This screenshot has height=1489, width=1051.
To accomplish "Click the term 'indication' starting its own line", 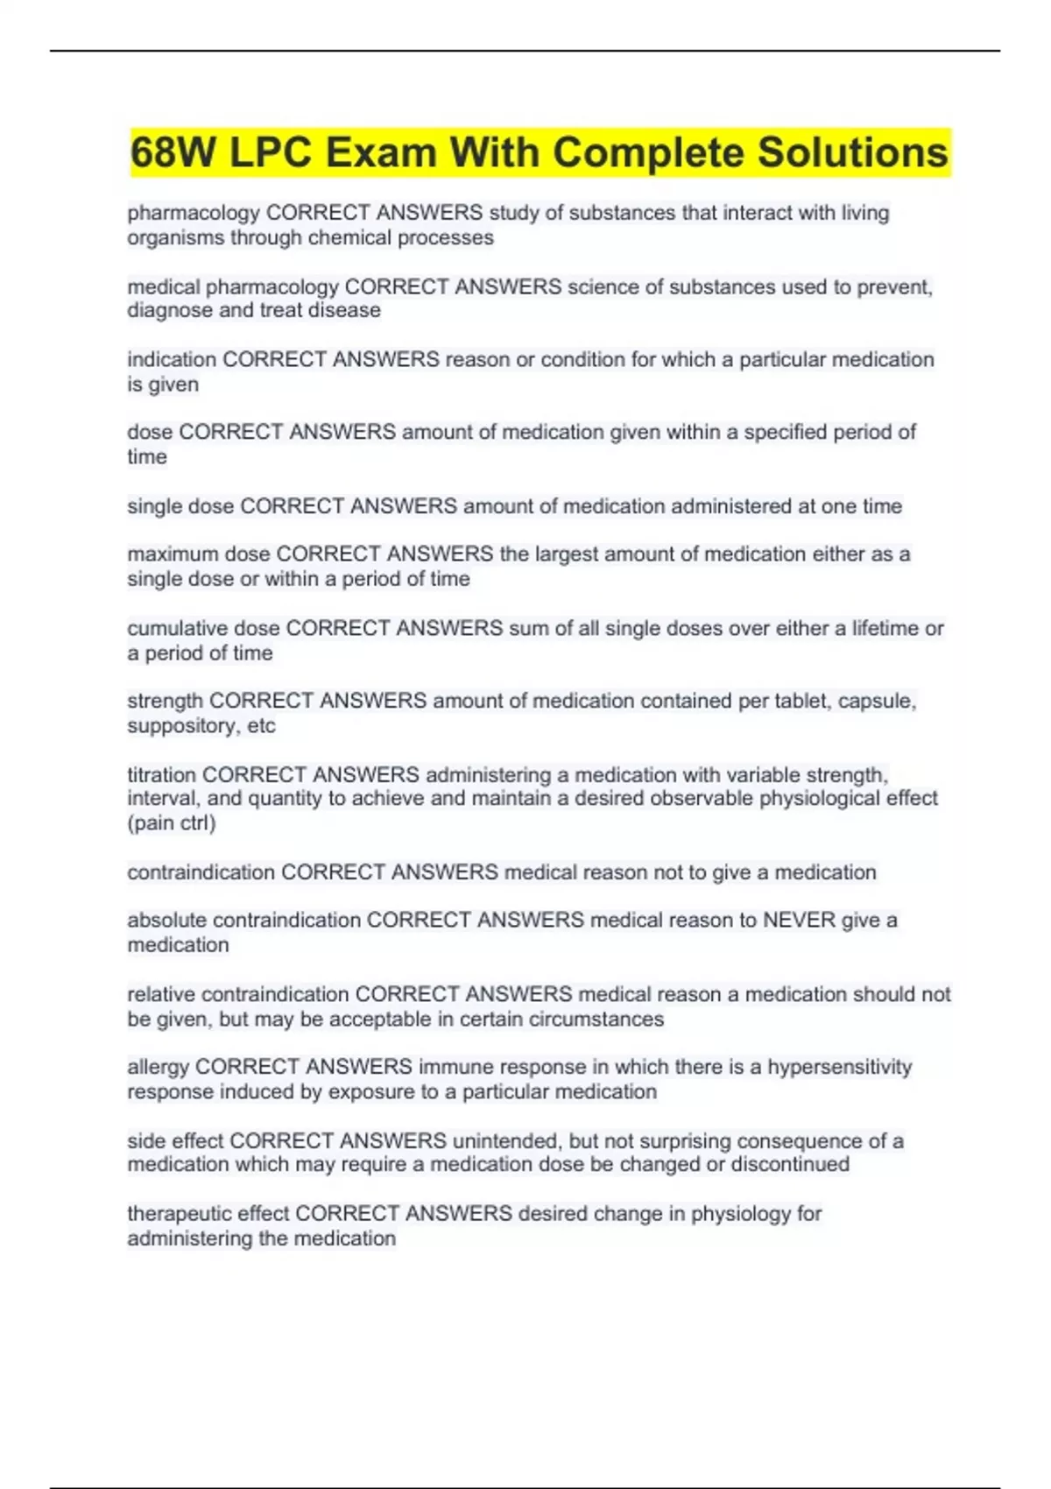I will coord(172,359).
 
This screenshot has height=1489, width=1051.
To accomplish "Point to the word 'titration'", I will coord(161,774).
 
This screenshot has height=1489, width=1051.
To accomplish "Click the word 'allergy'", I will coord(158,1067).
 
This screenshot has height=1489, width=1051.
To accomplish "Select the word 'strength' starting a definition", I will coord(165,701).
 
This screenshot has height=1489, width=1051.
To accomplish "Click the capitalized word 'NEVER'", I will coord(799,920).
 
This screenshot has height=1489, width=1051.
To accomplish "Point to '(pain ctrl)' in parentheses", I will coord(172,823).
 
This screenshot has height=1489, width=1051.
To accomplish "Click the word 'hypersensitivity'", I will coord(840,1067).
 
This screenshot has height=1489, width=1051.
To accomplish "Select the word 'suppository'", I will coord(180,726).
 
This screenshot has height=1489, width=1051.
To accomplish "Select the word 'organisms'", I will coord(176,237).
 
